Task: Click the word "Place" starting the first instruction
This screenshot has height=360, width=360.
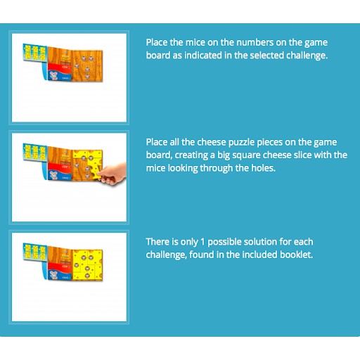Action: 157,42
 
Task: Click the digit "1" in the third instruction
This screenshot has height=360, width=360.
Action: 202,242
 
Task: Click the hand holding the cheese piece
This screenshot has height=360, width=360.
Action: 113,174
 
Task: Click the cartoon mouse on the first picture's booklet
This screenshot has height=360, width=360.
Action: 53,75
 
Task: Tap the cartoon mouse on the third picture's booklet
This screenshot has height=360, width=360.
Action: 53,275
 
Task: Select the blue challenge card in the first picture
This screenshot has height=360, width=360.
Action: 35,53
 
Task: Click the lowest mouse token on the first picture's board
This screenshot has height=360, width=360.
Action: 87,77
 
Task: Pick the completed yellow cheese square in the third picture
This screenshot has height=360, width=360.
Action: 87,265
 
